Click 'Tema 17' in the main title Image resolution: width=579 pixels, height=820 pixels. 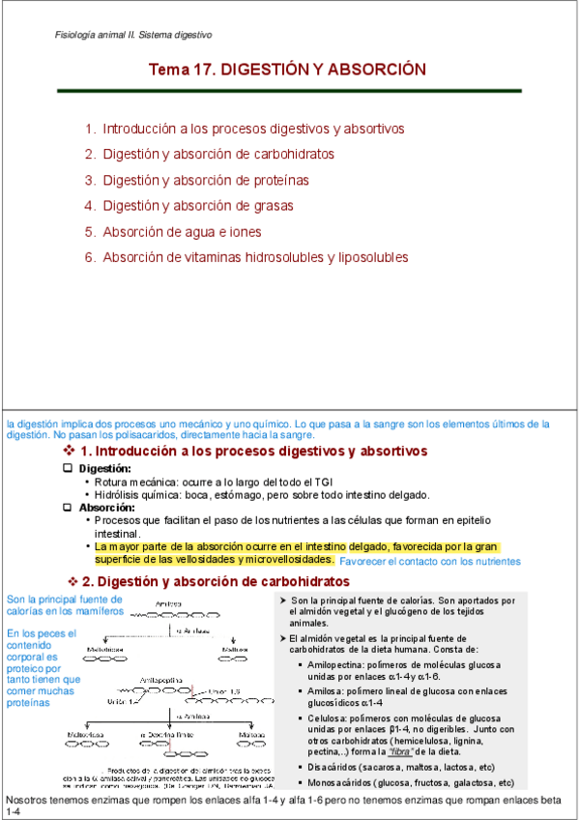click(x=181, y=71)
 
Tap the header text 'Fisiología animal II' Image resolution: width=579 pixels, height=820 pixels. click(x=97, y=35)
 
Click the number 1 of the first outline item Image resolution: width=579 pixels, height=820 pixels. click(x=89, y=129)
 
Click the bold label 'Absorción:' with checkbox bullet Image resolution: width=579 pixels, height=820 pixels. click(x=106, y=508)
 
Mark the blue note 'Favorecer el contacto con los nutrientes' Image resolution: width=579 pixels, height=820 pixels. click(x=430, y=562)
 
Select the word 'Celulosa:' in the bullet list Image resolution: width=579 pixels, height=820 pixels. click(x=328, y=719)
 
